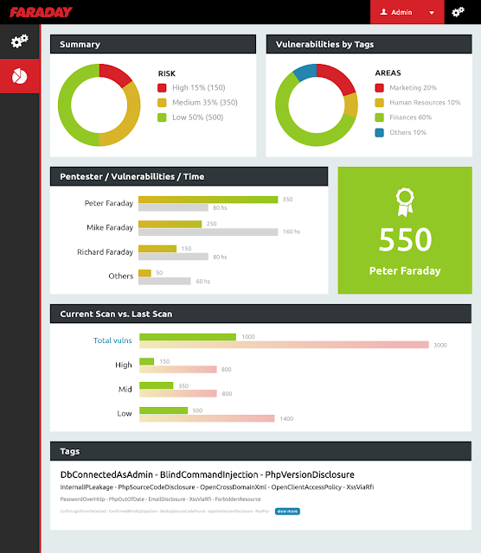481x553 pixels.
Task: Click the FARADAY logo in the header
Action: [x=42, y=12]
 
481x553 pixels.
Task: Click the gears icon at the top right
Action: [x=459, y=12]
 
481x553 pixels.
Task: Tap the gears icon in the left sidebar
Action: [x=19, y=41]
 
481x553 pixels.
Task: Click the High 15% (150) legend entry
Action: [x=199, y=87]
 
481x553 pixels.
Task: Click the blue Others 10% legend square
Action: [x=380, y=132]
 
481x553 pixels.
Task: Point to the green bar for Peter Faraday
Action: [x=208, y=200]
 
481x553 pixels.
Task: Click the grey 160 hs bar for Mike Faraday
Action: [x=208, y=232]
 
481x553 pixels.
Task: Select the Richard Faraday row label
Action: [x=105, y=252]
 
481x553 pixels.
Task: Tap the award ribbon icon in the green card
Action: [x=404, y=201]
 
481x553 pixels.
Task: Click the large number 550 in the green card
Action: [x=404, y=239]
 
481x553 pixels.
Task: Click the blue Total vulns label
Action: [x=112, y=340]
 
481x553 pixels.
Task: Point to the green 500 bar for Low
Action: [x=164, y=410]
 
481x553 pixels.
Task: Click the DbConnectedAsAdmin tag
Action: [x=107, y=474]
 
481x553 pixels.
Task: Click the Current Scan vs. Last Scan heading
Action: [x=116, y=314]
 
